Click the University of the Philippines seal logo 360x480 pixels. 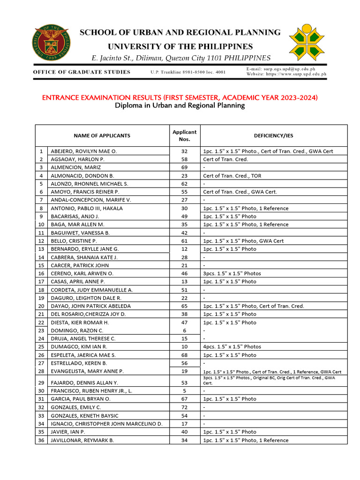point(52,44)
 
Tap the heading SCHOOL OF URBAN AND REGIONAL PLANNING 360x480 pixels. point(180,32)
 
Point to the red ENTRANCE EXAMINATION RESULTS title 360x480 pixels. point(180,97)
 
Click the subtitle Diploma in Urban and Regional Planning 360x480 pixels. point(180,106)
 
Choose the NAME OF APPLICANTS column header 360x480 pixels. point(102,135)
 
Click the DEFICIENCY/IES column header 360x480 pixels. point(273,135)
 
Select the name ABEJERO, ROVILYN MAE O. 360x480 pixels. point(83,151)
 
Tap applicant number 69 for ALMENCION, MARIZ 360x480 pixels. point(184,167)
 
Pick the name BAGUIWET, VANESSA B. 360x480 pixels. point(80,232)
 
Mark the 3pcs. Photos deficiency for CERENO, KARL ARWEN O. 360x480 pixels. point(232,273)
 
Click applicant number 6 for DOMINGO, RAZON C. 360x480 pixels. point(184,330)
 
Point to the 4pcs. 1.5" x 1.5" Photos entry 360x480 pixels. point(232,346)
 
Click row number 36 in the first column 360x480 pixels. point(41,440)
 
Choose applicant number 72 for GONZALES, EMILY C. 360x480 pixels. point(184,407)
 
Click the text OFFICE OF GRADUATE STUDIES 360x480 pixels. point(82,72)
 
